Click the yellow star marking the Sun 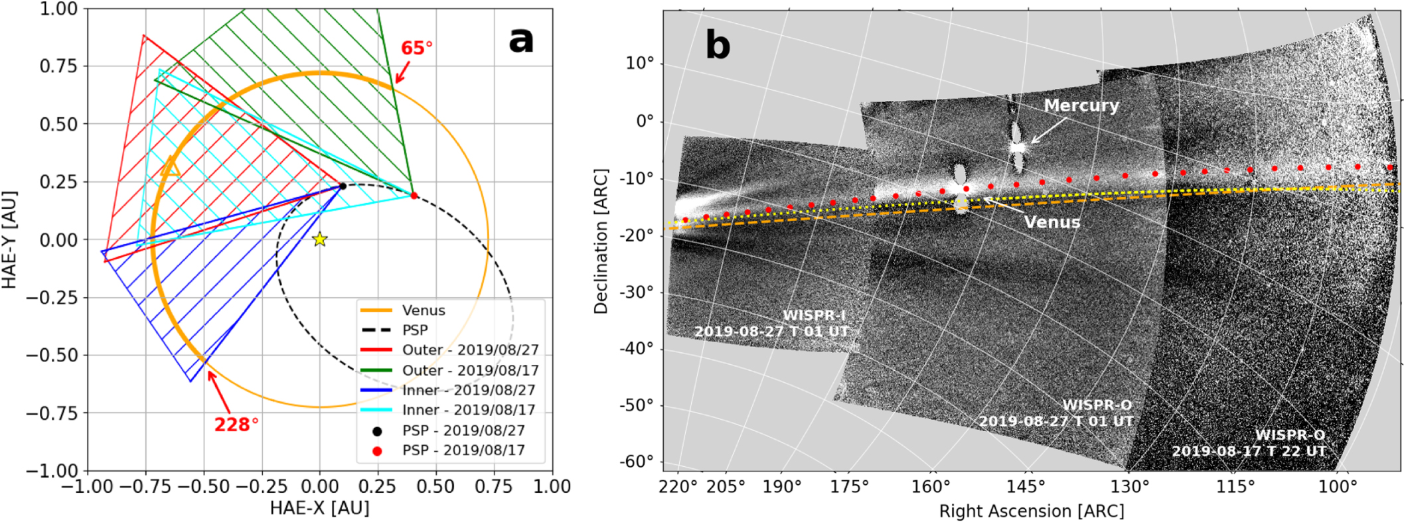coord(320,239)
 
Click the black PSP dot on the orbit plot coord(343,186)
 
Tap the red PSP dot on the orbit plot coord(414,196)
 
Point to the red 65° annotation coord(416,48)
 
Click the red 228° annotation coord(236,425)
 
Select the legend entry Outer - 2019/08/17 coord(470,370)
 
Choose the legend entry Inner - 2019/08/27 coord(468,390)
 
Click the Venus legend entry coord(423,310)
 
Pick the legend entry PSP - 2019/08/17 coord(463,450)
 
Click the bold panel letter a coord(521,40)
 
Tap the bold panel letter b coord(718,45)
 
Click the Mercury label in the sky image coord(1081,105)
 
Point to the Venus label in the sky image coord(1052,222)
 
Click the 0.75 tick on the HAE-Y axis coord(58,66)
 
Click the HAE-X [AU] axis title coord(319,508)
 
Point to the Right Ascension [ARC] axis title coord(1031,511)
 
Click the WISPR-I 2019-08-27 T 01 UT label coord(771,323)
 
